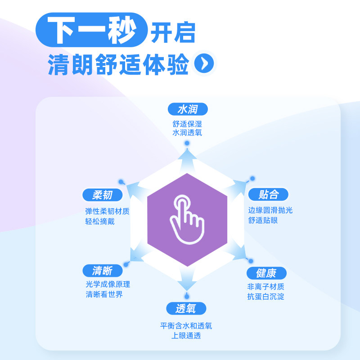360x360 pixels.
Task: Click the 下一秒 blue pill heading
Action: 92,30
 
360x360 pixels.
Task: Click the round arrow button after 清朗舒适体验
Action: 204,63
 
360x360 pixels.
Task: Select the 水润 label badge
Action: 188,109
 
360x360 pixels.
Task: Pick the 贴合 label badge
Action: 268,194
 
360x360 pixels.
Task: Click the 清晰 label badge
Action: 102,270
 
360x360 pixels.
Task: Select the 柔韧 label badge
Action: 102,195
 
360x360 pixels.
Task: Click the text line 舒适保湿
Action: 187,123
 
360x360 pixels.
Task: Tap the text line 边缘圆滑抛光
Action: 270,210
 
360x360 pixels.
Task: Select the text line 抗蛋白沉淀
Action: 265,297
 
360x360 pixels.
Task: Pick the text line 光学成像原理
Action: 108,285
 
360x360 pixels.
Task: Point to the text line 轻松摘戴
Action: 100,221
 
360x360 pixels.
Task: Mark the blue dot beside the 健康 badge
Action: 251,261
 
